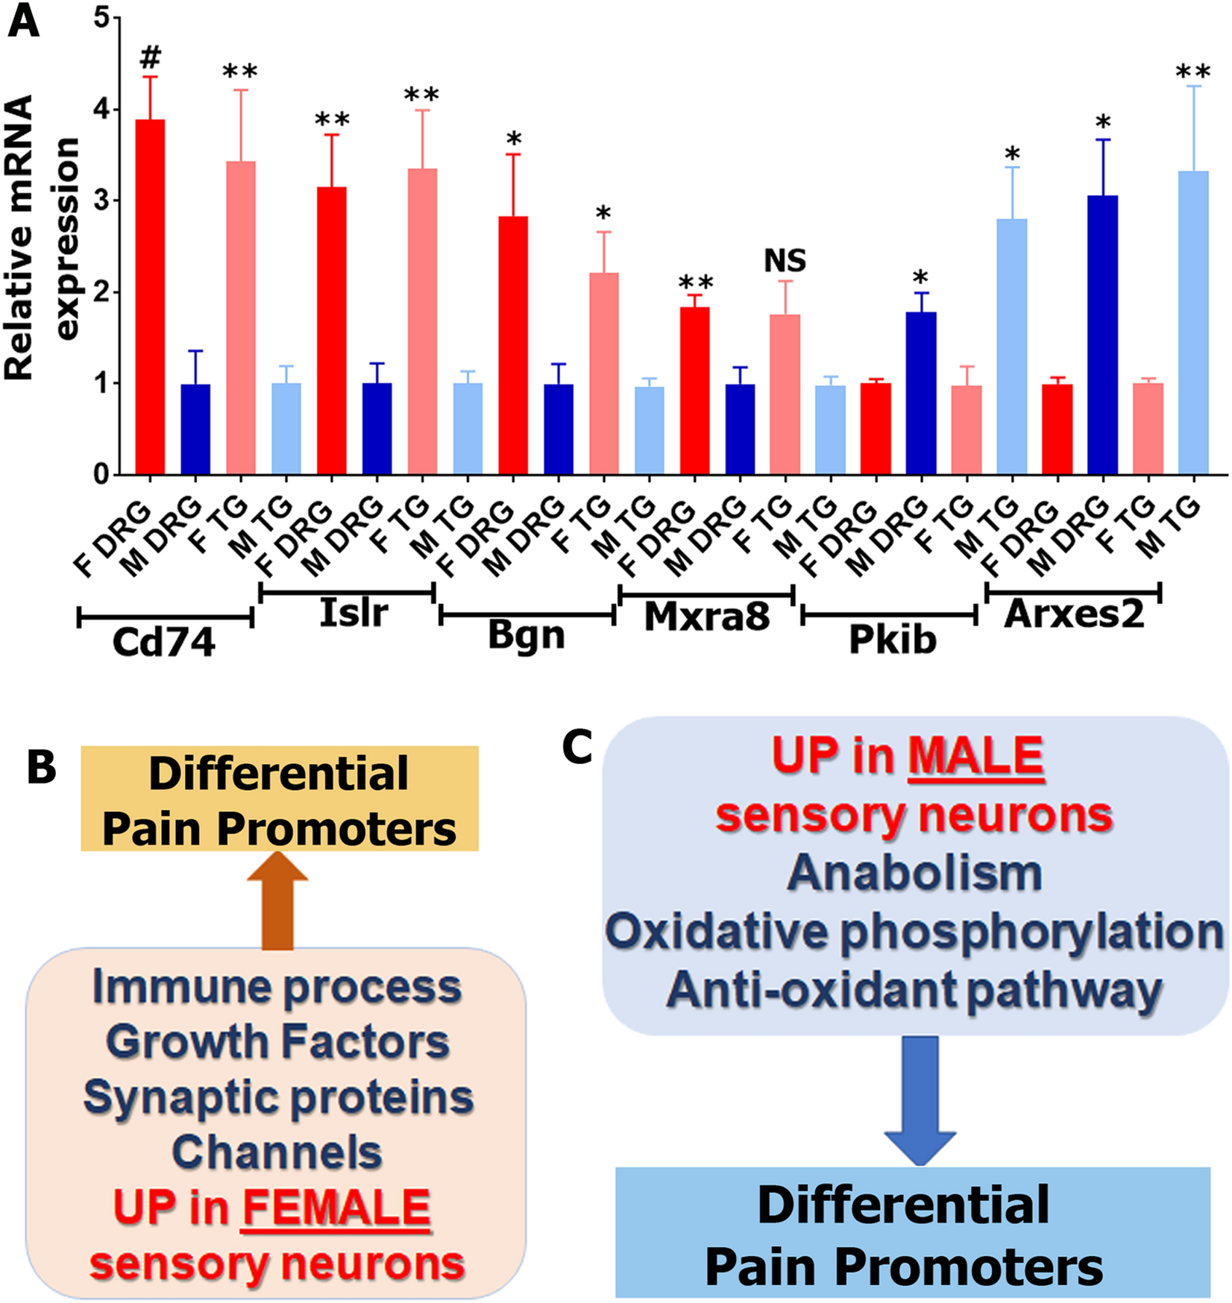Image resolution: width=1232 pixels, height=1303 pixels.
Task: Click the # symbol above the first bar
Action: point(150,57)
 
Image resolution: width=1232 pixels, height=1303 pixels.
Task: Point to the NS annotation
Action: point(785,260)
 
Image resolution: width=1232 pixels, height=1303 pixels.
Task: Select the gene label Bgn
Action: point(527,635)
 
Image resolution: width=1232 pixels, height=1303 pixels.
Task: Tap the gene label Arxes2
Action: point(1074,614)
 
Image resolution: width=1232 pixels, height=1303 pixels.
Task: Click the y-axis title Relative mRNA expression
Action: point(41,239)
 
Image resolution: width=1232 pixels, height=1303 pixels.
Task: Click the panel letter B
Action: point(42,768)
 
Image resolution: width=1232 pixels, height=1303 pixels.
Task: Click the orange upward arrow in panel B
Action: point(277,900)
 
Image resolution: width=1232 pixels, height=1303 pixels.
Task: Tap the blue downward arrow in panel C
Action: point(920,1100)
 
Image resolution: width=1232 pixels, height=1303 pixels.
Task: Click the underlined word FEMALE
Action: point(336,1207)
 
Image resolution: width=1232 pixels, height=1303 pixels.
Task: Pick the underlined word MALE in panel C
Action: point(975,757)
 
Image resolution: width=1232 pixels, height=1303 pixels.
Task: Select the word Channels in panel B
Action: point(277,1152)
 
